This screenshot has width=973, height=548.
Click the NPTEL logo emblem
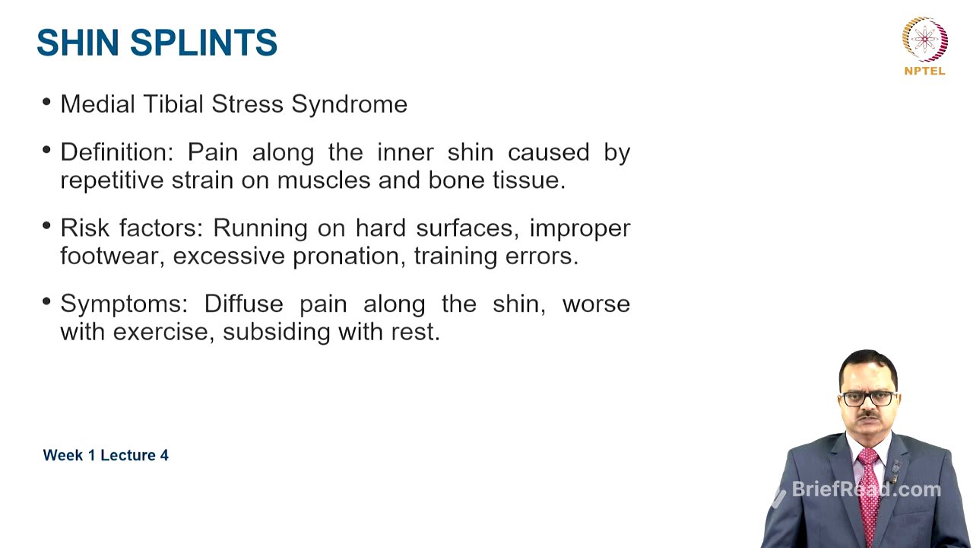924,39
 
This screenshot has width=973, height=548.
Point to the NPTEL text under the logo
924,71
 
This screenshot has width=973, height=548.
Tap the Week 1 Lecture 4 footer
106,455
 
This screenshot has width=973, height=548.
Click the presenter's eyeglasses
868,398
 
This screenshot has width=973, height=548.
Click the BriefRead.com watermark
866,489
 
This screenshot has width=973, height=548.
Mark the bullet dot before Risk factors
48,226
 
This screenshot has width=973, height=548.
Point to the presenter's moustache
868,415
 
